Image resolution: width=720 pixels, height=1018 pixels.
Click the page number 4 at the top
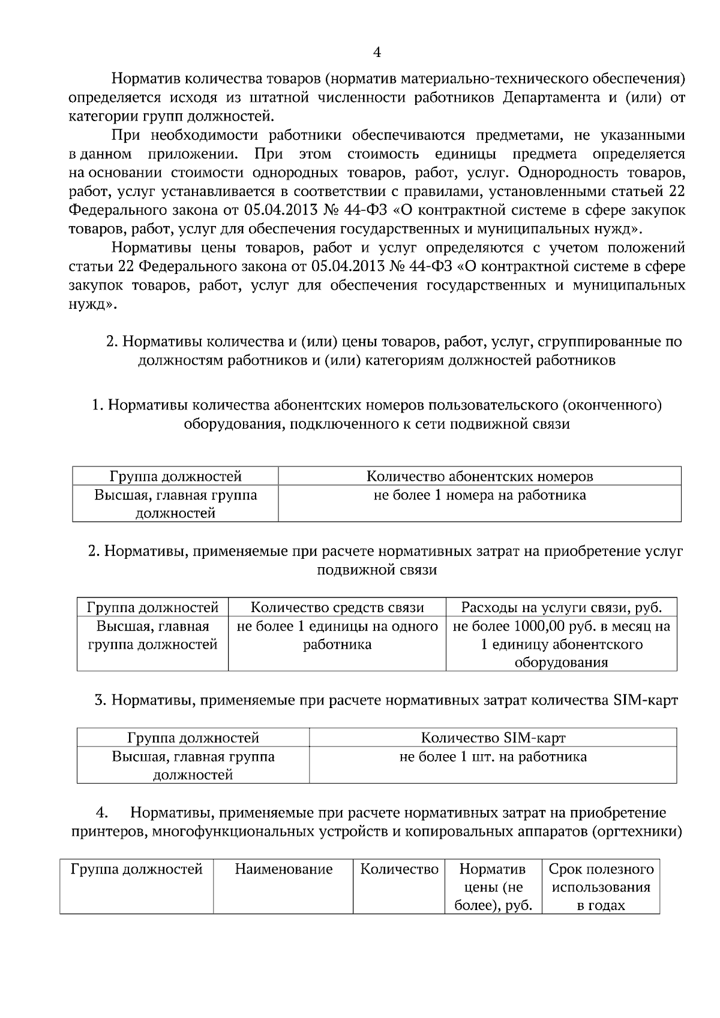point(376,53)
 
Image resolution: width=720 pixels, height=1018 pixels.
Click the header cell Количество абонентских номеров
point(479,477)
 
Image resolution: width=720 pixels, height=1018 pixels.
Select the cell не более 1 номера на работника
point(479,495)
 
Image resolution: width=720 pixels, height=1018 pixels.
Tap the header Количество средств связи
point(337,607)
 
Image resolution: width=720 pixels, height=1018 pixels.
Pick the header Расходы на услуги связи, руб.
point(561,607)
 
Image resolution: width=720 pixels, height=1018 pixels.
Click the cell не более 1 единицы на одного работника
point(337,636)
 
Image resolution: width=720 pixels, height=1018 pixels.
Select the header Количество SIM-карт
point(493,737)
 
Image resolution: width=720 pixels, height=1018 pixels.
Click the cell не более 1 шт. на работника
point(493,757)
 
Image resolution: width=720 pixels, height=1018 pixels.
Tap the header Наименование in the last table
point(283,869)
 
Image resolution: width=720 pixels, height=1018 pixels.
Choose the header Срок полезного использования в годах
point(601,887)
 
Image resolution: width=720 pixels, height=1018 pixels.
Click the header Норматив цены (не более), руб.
point(493,887)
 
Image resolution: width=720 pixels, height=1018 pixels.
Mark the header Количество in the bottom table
point(399,869)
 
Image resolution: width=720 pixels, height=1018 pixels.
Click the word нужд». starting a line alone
point(92,305)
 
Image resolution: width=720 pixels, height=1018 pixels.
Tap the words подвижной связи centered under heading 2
point(376,570)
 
